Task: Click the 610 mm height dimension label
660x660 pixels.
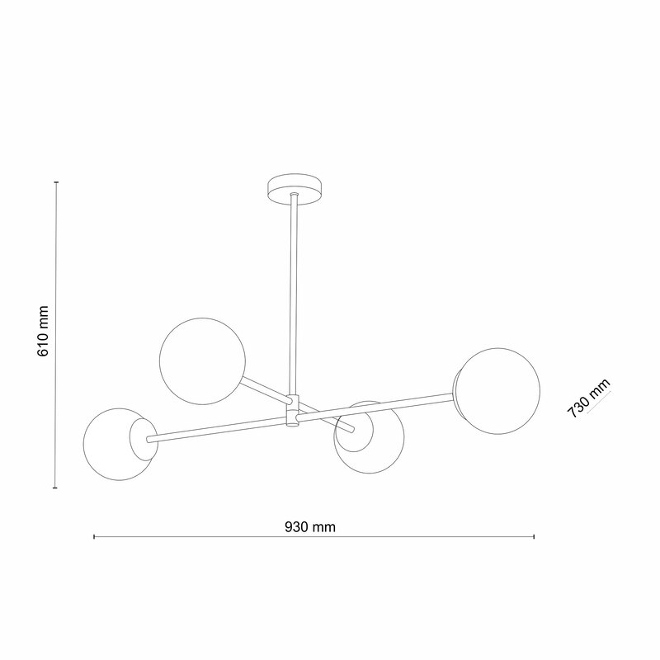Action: [x=43, y=332]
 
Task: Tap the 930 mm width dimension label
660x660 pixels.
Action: [x=310, y=527]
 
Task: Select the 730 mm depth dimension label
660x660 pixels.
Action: [x=588, y=398]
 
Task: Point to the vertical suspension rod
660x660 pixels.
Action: [x=295, y=295]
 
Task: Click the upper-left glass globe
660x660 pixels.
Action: [x=202, y=361]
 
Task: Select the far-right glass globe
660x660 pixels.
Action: [x=497, y=391]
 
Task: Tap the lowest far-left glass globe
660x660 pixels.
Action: [x=120, y=444]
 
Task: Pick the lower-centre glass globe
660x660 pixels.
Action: [x=369, y=438]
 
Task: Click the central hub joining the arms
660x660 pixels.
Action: [x=293, y=410]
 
